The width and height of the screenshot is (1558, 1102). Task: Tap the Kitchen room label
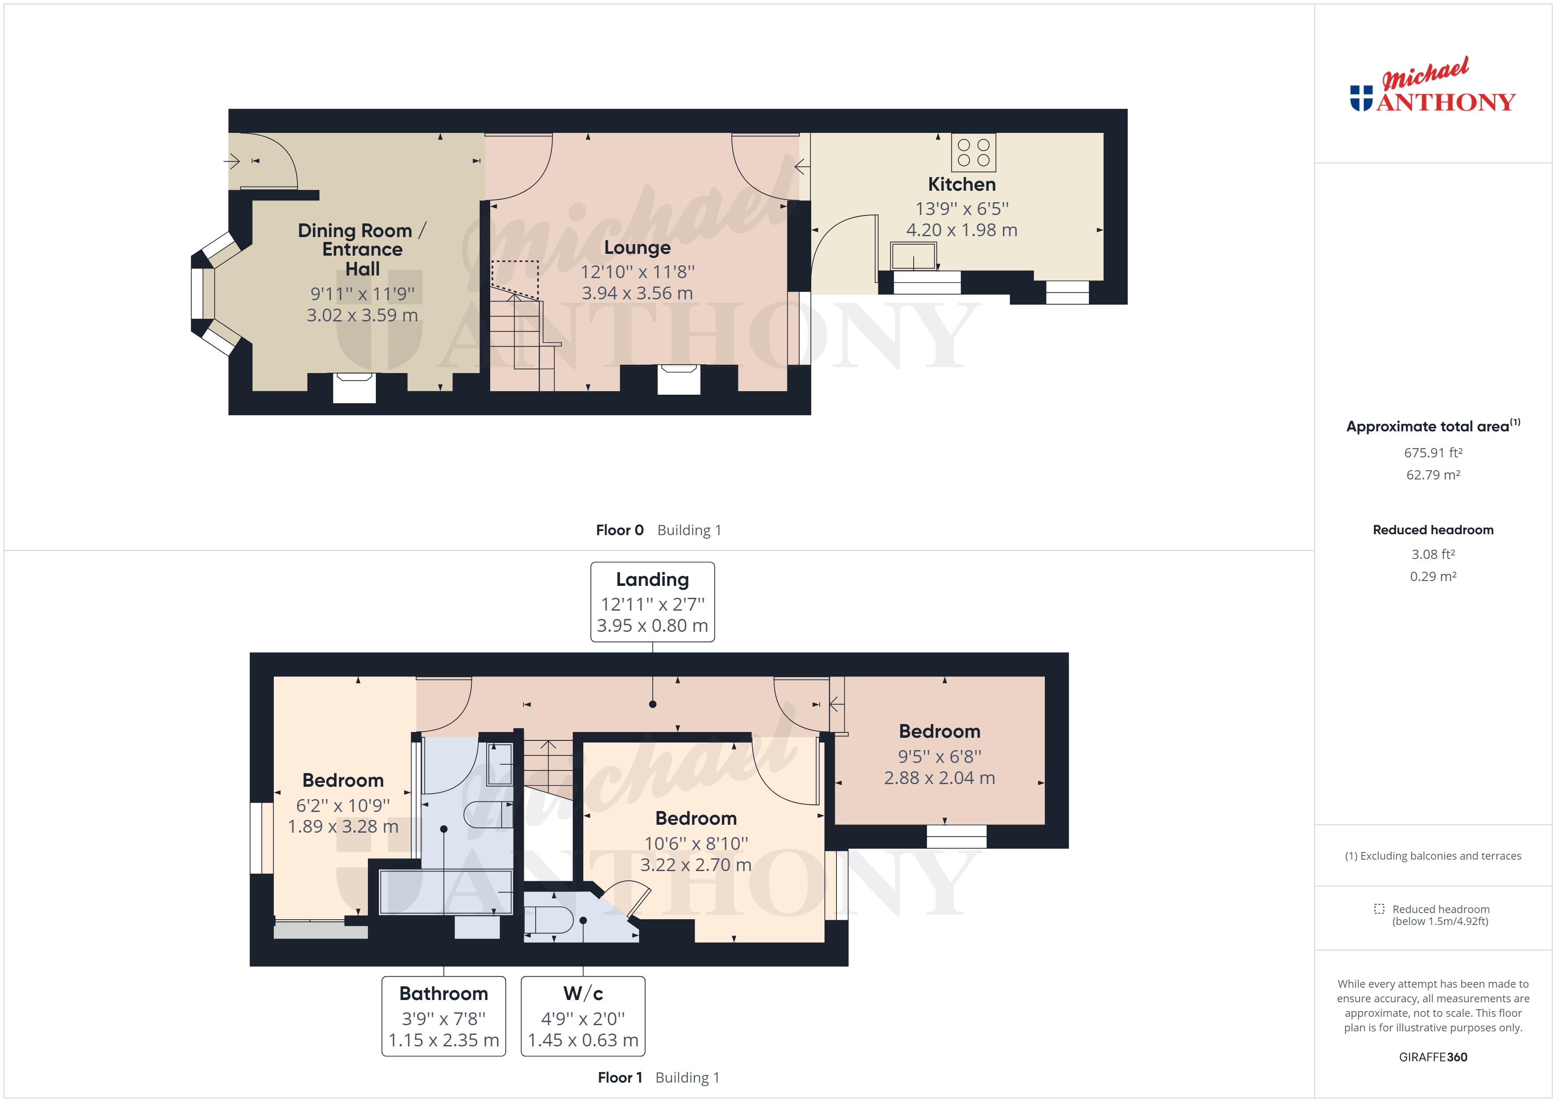[961, 185]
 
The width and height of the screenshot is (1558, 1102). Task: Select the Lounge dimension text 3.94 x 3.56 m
[637, 293]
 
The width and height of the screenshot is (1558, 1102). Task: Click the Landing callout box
[652, 602]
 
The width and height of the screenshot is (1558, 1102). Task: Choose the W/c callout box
[583, 1016]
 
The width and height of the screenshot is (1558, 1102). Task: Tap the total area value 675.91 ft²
[1433, 453]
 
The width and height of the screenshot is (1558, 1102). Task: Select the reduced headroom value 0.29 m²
[1433, 576]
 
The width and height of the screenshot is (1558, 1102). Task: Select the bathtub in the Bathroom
[445, 892]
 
